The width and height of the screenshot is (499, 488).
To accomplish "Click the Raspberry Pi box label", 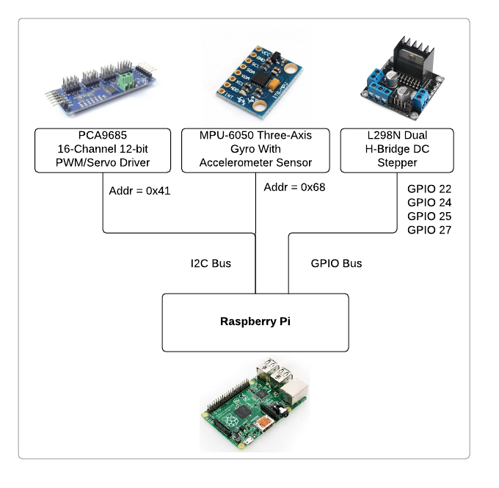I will coord(255,321).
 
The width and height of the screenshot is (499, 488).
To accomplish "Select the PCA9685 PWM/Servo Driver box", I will coord(103,150).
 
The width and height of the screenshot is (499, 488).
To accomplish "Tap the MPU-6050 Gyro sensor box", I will coord(255,150).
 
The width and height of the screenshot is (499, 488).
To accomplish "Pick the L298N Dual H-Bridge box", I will coord(397,150).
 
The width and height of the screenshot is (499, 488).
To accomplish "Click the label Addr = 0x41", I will coord(139,190).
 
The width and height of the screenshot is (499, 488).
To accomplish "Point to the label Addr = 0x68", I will coord(294,187).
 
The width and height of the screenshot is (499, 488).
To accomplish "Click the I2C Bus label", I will coord(211,263).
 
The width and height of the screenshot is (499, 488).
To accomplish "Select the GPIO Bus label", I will coord(336,263).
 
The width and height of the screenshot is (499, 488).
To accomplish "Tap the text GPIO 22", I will coord(429,189).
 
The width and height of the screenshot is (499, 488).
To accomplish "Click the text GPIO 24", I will coord(429,203).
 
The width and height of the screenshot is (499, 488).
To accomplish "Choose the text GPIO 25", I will coord(429,216).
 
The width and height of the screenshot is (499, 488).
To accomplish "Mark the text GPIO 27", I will coord(429,230).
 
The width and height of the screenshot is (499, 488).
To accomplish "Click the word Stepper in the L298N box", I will coord(397,163).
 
